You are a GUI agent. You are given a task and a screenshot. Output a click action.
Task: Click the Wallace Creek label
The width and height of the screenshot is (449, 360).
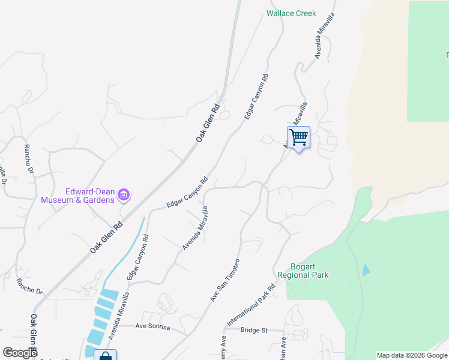click(291, 13)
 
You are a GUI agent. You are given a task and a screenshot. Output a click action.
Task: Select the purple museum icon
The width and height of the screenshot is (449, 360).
click(124, 194)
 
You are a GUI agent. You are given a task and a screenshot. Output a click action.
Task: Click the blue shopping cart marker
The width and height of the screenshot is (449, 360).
click(298, 137)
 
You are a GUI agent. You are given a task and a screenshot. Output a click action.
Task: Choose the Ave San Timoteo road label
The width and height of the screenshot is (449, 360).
click(225, 280)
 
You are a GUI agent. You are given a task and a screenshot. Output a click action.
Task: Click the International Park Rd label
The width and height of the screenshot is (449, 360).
click(251, 305)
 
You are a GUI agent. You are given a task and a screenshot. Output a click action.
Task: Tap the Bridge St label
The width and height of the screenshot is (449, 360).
click(253, 330)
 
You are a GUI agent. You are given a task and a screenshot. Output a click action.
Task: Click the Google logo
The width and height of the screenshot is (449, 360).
click(20, 352)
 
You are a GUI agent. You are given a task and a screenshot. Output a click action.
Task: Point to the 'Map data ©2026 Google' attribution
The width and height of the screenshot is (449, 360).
click(412, 355)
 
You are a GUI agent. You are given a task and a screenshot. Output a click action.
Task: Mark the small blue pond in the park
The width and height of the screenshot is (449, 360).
click(366, 270)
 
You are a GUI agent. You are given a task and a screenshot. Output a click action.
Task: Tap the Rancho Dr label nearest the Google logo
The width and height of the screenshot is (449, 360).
click(30, 287)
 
